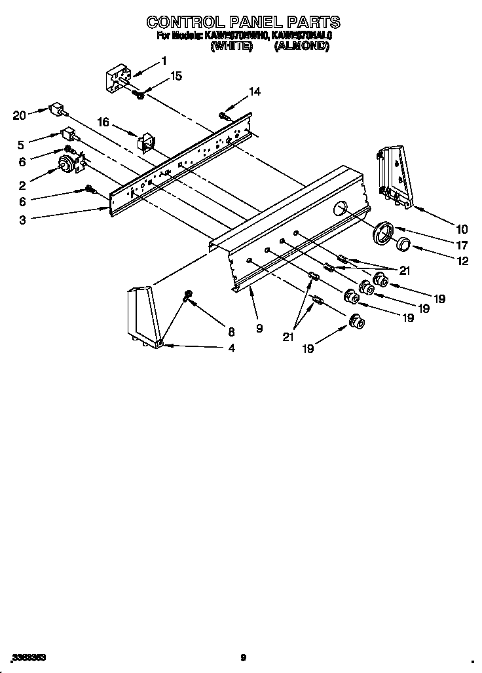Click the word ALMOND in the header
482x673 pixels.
[302, 47]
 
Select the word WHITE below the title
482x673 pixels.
[231, 47]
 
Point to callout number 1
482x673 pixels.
[164, 61]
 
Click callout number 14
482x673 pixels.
[254, 92]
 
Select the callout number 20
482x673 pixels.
[20, 116]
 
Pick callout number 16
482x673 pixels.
[103, 122]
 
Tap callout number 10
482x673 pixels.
[462, 228]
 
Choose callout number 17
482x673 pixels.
[462, 246]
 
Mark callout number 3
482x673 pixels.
[22, 221]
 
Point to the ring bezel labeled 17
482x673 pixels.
[382, 232]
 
